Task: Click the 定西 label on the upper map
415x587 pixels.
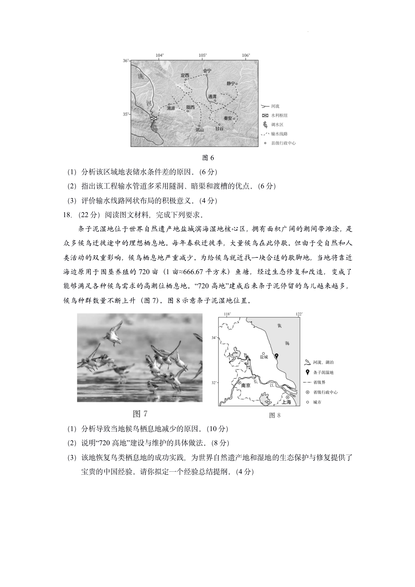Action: [x=185, y=75]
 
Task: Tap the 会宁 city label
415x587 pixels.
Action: [x=207, y=71]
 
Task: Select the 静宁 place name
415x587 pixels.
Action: [x=231, y=83]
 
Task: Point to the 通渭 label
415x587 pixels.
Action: [x=212, y=96]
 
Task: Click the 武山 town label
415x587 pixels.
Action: [x=199, y=129]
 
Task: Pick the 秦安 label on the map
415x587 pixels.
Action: [x=228, y=118]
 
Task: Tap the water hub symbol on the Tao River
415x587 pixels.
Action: [x=154, y=118]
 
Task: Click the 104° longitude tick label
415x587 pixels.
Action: [x=160, y=55]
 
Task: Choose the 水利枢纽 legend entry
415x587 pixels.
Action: [x=279, y=115]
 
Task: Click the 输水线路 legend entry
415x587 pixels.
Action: [x=279, y=134]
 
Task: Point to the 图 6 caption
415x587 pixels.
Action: [x=208, y=158]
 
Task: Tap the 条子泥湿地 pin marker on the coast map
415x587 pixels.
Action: [x=277, y=356]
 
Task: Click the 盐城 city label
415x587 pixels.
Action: [x=264, y=357]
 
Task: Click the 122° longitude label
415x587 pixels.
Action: [x=299, y=314]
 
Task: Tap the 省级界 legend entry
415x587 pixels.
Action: [x=319, y=382]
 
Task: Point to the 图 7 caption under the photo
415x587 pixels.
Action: [x=140, y=414]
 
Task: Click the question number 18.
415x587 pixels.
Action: [x=67, y=215]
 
